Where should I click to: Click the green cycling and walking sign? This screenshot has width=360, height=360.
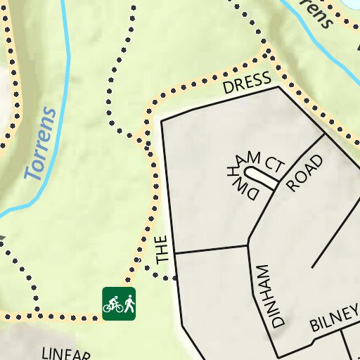pos(119,304)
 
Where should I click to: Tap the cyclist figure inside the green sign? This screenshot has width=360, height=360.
pos(112,304)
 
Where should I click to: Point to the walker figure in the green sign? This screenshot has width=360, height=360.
pos(129,304)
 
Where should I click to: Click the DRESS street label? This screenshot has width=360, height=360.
pos(247,84)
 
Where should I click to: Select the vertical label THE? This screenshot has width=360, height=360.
pos(163,250)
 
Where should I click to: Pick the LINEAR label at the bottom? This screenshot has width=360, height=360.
pos(67,353)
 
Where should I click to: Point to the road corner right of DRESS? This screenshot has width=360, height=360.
pos(279,87)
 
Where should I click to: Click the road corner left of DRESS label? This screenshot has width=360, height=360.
pos(162,121)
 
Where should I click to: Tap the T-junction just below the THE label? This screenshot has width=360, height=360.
pos(174,253)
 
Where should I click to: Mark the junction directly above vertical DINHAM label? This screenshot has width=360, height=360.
pos(248,245)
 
